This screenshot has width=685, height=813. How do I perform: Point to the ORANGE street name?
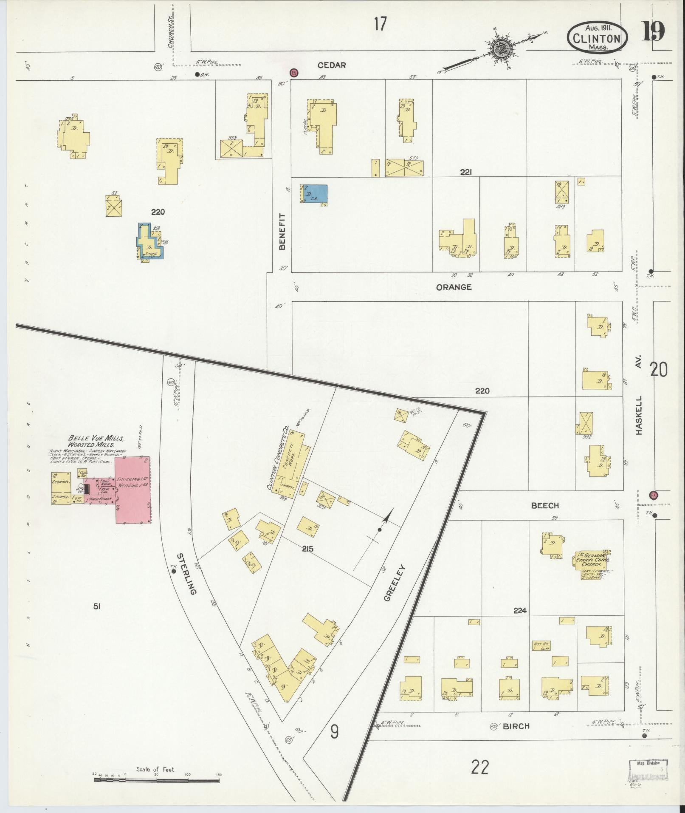click(x=454, y=287)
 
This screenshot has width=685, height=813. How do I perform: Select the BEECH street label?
click(x=545, y=505)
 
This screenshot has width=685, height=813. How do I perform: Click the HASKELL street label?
click(x=639, y=412)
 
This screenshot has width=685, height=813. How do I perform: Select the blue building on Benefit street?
click(x=315, y=194)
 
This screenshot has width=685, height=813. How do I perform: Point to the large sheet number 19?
click(x=653, y=31)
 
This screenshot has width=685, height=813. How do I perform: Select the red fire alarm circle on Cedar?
click(x=293, y=73)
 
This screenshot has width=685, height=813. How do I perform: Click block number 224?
click(x=520, y=610)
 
